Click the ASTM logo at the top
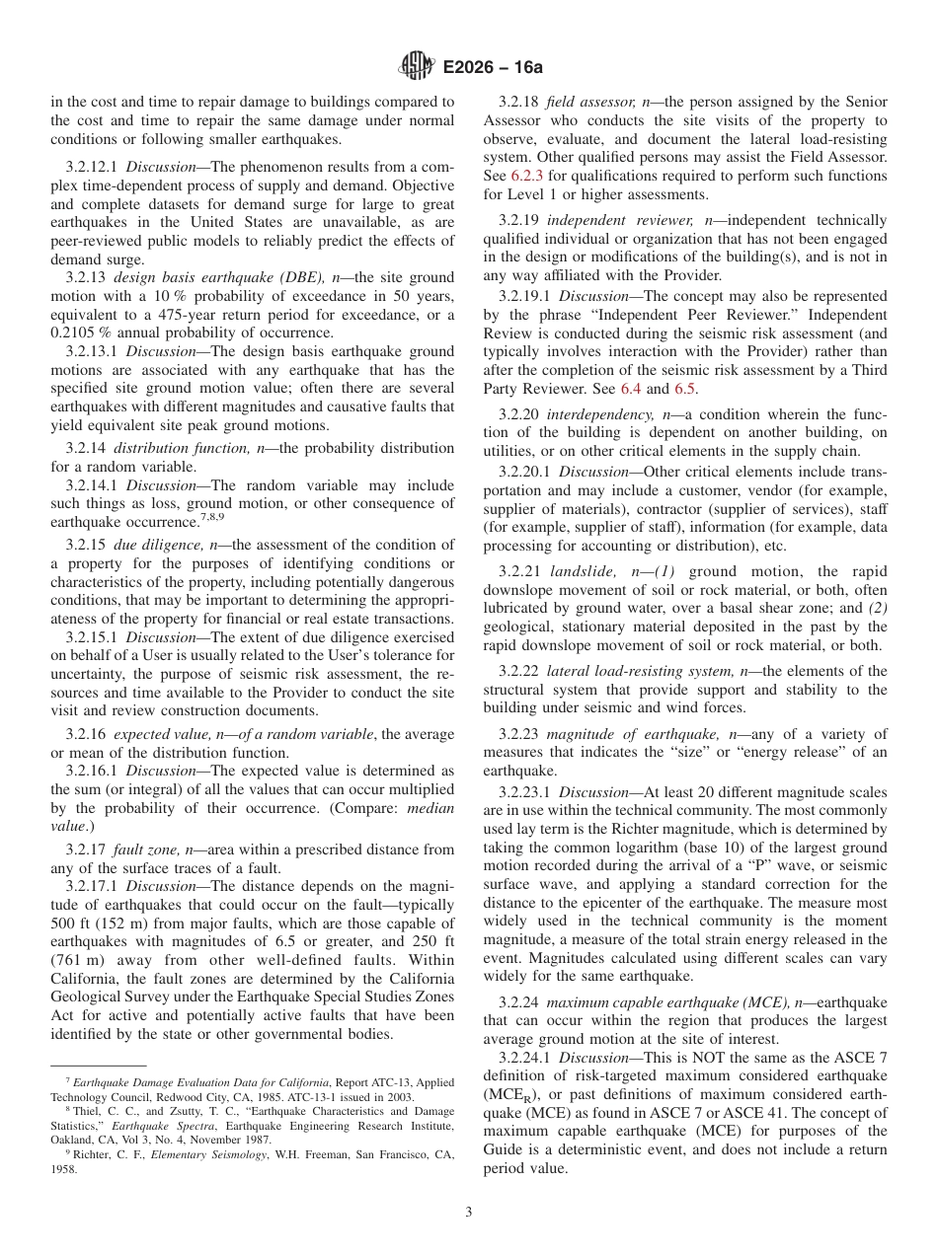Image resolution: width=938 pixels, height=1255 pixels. [x=416, y=67]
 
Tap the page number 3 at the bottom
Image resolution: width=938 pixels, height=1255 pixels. [x=468, y=1213]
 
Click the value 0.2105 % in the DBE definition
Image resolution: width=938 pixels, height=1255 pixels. [x=87, y=332]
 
